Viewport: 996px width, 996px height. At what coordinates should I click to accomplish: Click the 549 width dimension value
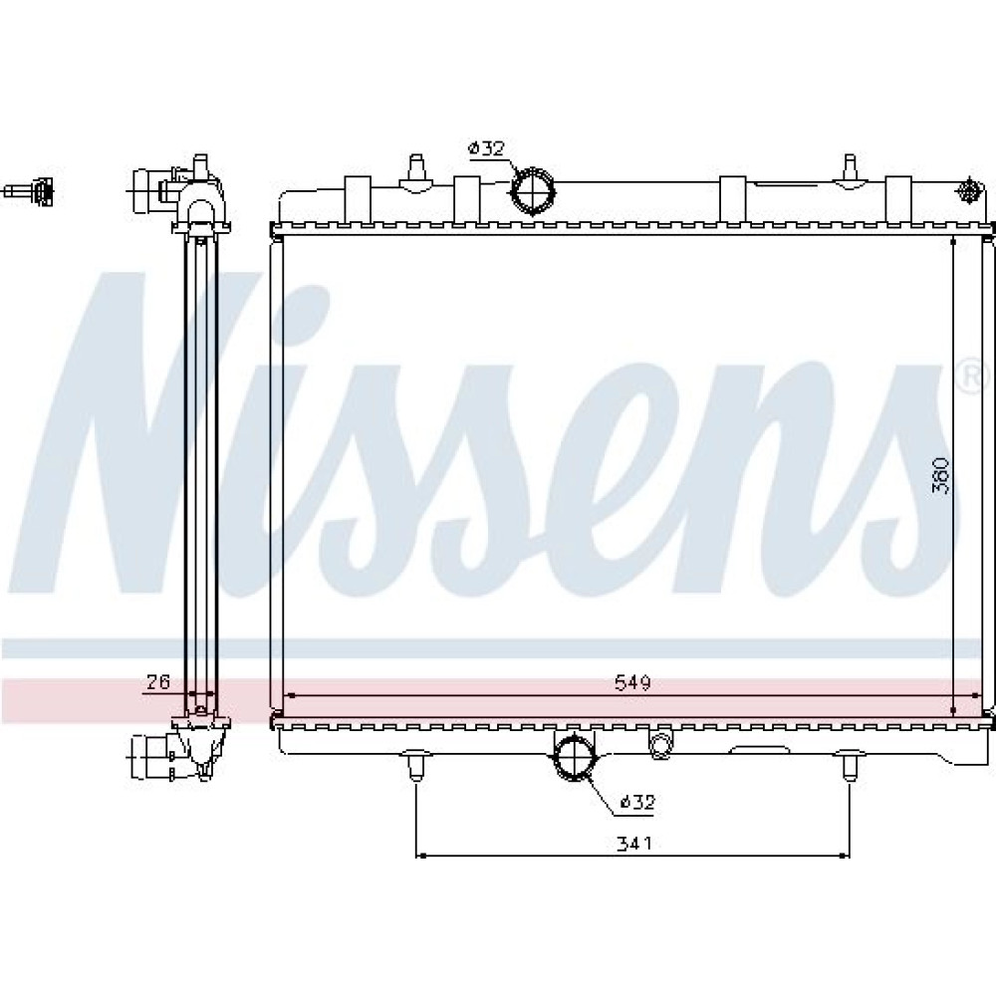click(x=632, y=682)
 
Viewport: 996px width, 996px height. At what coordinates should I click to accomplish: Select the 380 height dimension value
click(x=940, y=475)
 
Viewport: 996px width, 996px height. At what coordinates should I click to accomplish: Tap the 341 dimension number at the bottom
click(x=633, y=844)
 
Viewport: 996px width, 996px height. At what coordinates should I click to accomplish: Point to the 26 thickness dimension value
click(x=158, y=681)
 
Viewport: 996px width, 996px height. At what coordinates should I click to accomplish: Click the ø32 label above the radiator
click(x=486, y=148)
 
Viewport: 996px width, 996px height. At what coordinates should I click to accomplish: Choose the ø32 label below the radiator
click(x=636, y=802)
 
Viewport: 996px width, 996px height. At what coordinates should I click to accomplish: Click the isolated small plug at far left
click(x=30, y=190)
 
